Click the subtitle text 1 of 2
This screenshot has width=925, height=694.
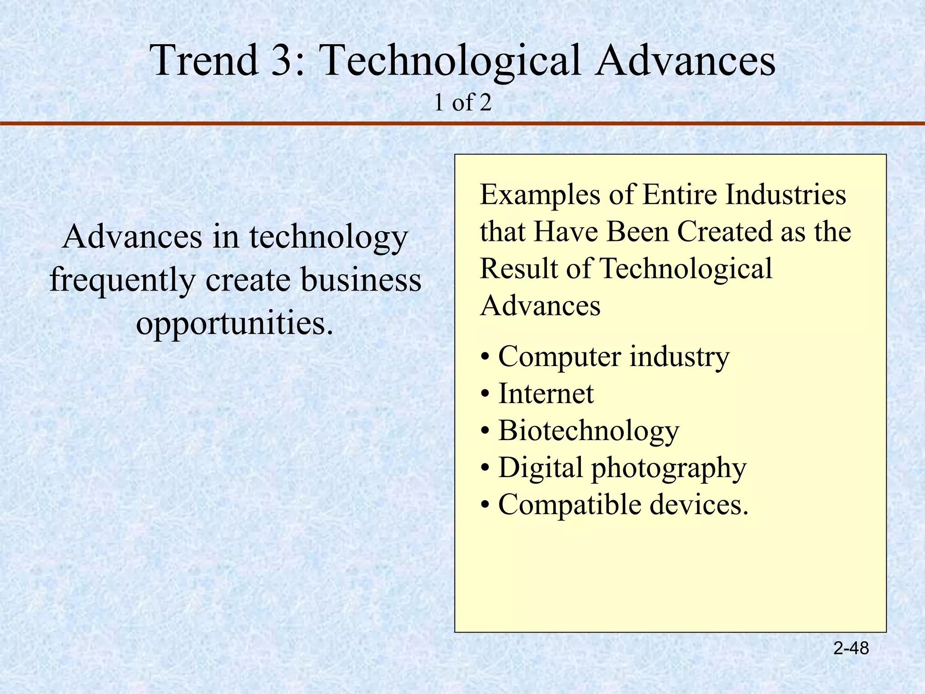tap(462, 103)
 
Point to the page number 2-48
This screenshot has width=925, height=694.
tap(851, 648)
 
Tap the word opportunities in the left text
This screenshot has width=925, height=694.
tap(234, 324)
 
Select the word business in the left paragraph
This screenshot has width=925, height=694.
tap(361, 280)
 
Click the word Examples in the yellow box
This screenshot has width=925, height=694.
tap(540, 196)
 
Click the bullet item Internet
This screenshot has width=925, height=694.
tap(546, 394)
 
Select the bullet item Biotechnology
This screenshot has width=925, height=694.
tap(588, 431)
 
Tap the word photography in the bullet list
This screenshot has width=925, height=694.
tap(669, 469)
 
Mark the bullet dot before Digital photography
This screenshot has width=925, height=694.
tap(485, 469)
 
